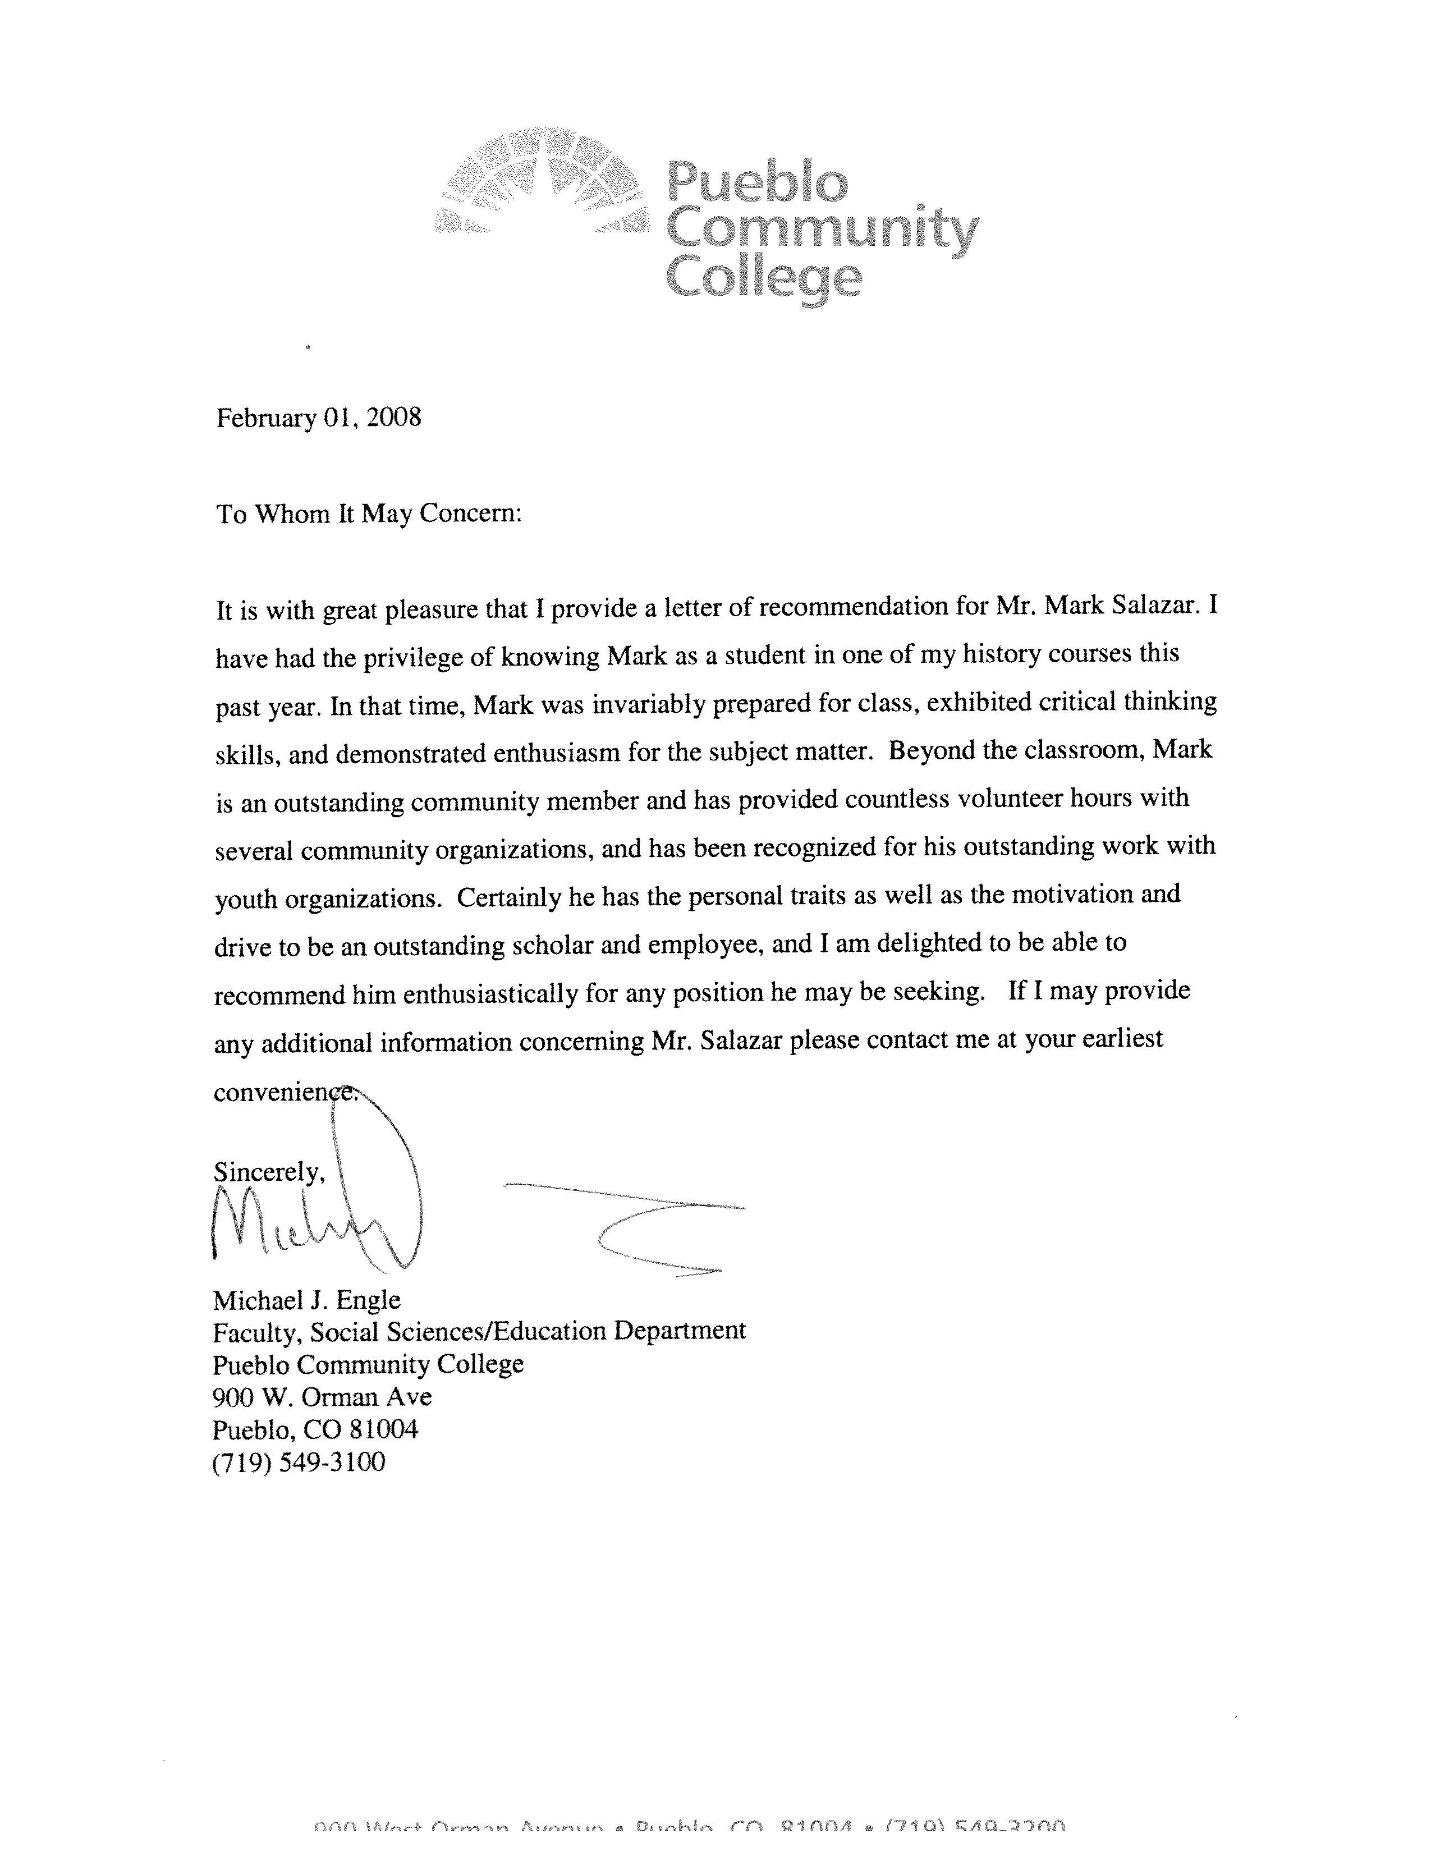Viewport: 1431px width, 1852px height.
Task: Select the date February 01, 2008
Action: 319,418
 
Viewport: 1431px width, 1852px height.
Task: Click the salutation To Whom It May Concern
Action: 369,514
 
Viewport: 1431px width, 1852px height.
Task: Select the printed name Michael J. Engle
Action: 307,1300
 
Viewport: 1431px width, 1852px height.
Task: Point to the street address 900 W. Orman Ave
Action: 322,1397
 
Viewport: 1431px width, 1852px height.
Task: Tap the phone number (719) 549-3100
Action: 299,1462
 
